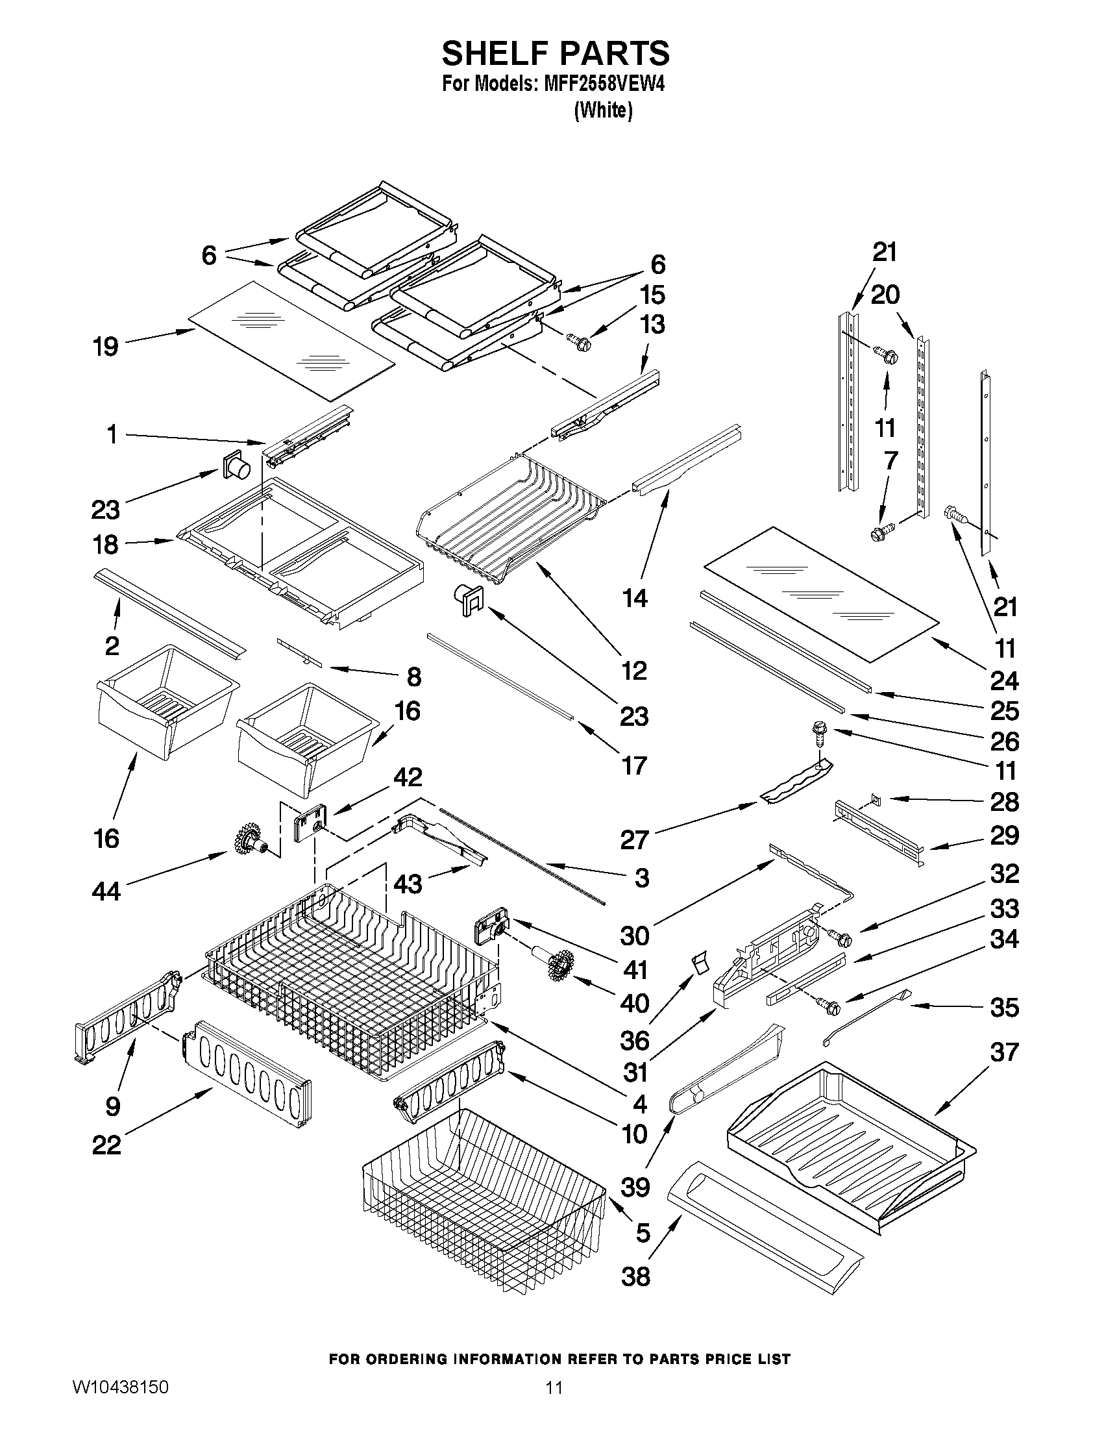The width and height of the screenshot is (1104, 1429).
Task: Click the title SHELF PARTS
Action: (x=556, y=54)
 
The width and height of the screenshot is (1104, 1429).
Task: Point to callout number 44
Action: (x=106, y=891)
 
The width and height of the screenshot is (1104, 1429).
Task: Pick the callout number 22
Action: (x=106, y=1145)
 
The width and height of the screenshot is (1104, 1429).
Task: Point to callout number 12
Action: (x=633, y=670)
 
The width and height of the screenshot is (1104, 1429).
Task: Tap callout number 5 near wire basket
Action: (x=643, y=1233)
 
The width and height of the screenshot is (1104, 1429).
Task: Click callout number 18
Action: (x=106, y=544)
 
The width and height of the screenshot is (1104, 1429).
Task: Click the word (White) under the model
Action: (x=603, y=111)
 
